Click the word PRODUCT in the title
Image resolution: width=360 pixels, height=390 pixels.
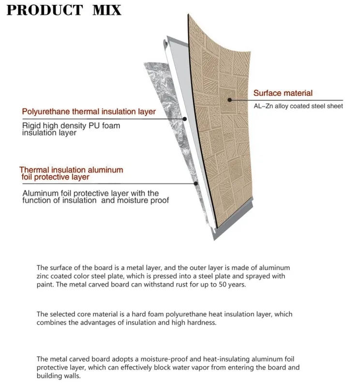[45, 10]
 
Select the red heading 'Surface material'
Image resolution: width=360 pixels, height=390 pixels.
[283, 93]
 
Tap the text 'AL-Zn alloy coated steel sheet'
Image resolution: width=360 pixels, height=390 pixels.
[298, 106]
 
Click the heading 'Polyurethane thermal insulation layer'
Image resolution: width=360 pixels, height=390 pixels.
[89, 112]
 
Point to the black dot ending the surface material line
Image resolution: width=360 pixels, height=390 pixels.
[230, 100]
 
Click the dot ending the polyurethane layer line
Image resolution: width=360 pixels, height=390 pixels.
[184, 119]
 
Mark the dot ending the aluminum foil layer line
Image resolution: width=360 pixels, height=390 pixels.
[195, 183]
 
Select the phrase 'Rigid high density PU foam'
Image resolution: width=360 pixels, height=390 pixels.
[71, 125]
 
